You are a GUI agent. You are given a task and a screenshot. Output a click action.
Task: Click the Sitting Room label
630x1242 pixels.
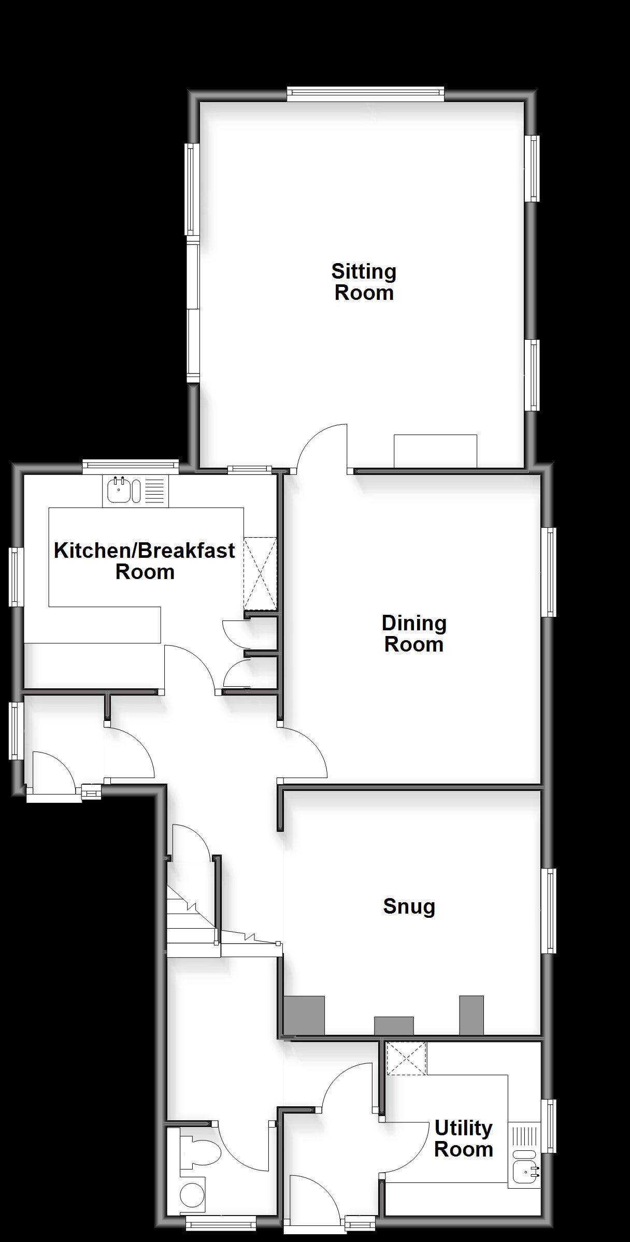tap(364, 282)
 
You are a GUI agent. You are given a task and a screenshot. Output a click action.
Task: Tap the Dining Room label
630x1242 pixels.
tap(414, 633)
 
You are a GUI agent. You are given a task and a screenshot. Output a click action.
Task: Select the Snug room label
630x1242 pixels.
tap(409, 906)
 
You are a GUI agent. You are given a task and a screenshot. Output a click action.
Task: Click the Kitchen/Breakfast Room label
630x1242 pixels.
tap(145, 561)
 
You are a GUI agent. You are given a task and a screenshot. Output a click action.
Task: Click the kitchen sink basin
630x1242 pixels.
tap(119, 490)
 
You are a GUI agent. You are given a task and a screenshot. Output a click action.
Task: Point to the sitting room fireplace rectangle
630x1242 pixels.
tap(435, 451)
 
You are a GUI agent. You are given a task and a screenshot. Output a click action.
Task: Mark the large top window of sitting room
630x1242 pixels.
tap(366, 93)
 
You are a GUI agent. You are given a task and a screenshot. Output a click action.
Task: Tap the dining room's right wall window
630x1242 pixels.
tap(549, 572)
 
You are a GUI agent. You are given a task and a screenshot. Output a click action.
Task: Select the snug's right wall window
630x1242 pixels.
tap(549, 911)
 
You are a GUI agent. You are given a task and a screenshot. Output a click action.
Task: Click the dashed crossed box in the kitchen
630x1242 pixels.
tap(261, 574)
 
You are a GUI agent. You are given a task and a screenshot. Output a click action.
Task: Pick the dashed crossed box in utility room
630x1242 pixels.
tap(407, 1059)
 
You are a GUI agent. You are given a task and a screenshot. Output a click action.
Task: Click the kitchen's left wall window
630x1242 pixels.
tap(17, 576)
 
